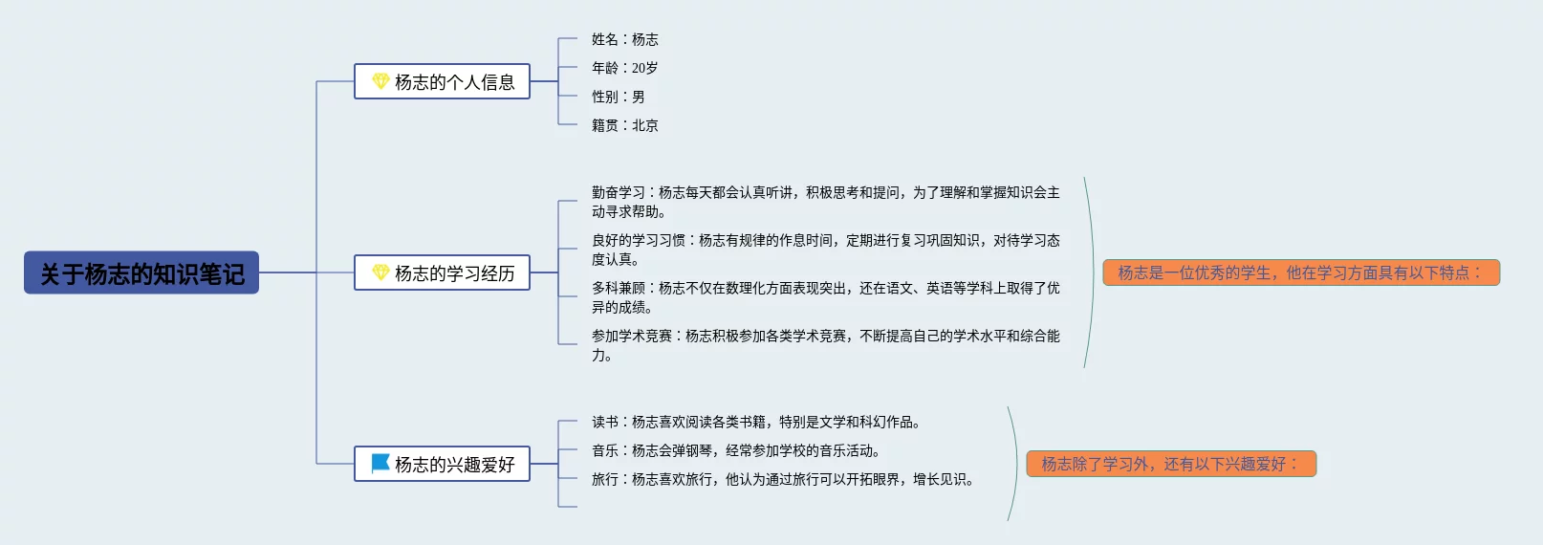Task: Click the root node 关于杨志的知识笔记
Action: coord(141,273)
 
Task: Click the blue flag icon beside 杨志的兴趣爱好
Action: coord(380,464)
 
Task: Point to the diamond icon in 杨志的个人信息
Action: coord(380,81)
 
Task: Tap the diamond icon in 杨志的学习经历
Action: coord(380,272)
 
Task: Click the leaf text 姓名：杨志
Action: coord(624,39)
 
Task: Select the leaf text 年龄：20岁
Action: coord(624,68)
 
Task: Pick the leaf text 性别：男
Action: coord(618,97)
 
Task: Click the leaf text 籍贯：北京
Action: coord(624,125)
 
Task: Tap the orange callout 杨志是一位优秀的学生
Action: coord(1301,272)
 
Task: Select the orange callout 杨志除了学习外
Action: coord(1171,464)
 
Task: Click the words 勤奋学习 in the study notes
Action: coord(618,192)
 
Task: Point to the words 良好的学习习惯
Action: coord(638,240)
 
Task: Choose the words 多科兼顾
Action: coord(618,288)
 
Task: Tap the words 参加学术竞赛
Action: coord(631,336)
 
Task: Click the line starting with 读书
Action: coord(755,422)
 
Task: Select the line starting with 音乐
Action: coord(735,450)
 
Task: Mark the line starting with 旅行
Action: coord(782,479)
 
